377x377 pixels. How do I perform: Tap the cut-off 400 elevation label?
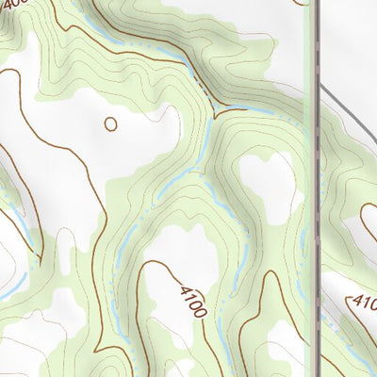tap(14, 5)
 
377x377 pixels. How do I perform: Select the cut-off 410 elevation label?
tap(364, 303)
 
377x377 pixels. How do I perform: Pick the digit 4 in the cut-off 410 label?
tap(354, 300)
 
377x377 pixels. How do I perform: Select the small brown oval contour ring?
tap(111, 123)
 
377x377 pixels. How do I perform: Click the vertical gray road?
tap(316, 188)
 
